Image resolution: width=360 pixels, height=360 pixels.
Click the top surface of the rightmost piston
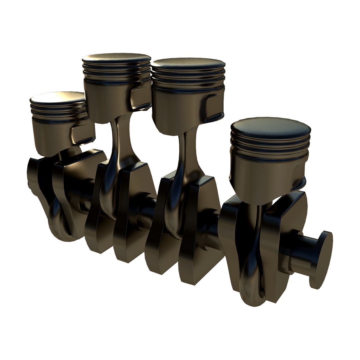(270, 128)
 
